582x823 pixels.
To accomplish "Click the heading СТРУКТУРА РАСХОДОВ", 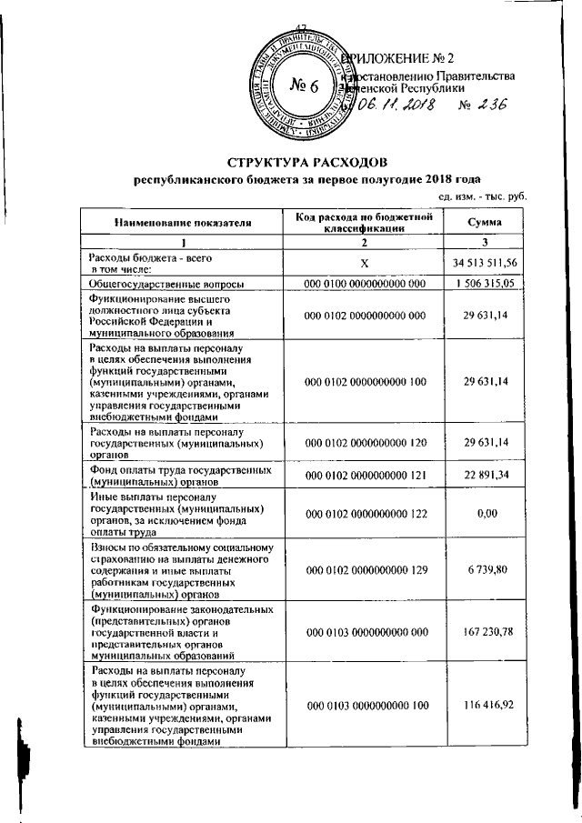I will tap(307, 162).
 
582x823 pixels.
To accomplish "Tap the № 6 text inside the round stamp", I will tap(304, 88).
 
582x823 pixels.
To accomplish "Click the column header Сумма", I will tap(485, 221).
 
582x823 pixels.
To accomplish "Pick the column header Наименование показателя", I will tap(182, 221).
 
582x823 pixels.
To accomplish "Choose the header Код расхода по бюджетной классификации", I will tap(364, 221).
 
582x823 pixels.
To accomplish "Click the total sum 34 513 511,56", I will tap(485, 263).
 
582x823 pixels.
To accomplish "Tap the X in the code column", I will tap(364, 263).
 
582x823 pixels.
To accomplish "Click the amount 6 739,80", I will tap(485, 568).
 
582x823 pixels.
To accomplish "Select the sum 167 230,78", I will tap(485, 629).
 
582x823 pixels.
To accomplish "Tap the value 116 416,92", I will tap(485, 705).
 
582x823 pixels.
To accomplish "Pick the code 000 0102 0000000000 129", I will tap(364, 568).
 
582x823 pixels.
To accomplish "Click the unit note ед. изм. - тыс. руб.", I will tap(482, 196).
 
